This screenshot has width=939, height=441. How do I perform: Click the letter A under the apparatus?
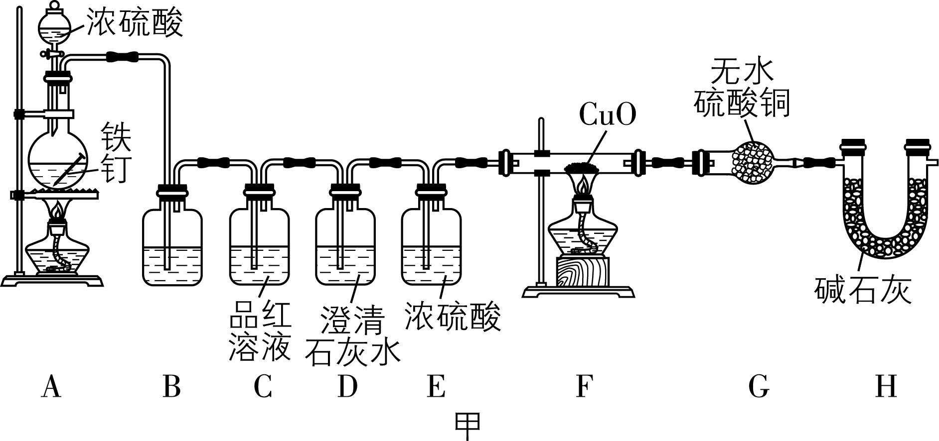[51, 387]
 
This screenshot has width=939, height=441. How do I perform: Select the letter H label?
[886, 387]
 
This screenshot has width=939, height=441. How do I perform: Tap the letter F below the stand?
[584, 387]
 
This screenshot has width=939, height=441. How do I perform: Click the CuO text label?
[608, 115]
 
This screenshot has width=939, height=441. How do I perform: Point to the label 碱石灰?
[863, 290]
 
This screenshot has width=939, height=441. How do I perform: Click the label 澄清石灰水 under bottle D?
[352, 336]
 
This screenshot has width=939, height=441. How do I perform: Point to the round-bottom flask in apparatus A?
[58, 159]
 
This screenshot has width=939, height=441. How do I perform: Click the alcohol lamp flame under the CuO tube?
[582, 186]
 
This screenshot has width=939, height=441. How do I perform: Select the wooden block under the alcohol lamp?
[582, 271]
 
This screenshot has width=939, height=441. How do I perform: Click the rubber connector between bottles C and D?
[299, 162]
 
